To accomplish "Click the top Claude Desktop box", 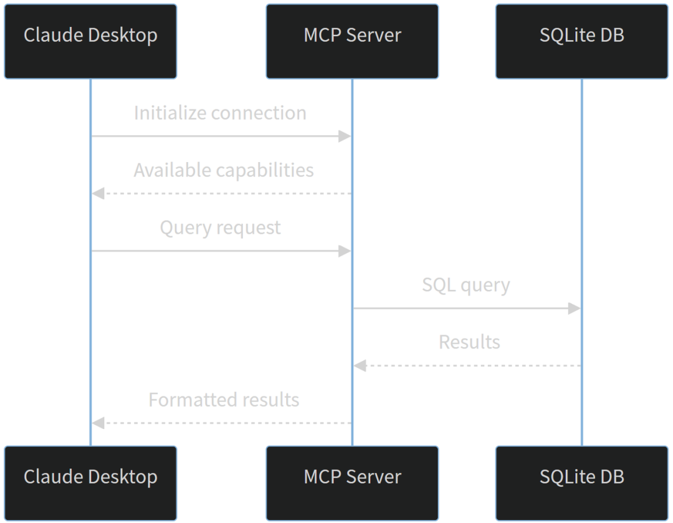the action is tap(90, 42).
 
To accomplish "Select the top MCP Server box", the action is tap(352, 42).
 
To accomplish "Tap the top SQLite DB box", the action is tap(582, 42).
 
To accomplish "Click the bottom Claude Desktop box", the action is tap(90, 483).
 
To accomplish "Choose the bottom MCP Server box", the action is tap(352, 483).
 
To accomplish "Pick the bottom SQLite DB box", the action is tap(582, 483).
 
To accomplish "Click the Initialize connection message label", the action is tap(220, 113).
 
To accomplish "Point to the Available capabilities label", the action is tap(224, 170).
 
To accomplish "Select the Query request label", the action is tap(220, 228).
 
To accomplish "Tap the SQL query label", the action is tap(466, 285).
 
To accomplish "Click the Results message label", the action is tap(470, 342).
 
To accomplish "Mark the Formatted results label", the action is tap(224, 400).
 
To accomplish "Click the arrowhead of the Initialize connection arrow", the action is tap(345, 137).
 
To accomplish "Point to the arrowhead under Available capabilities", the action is tap(98, 194).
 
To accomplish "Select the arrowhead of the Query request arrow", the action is tap(345, 251).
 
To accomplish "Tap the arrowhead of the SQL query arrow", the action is tap(575, 309).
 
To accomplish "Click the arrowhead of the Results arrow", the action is tap(360, 366).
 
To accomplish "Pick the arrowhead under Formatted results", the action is tap(98, 423).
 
